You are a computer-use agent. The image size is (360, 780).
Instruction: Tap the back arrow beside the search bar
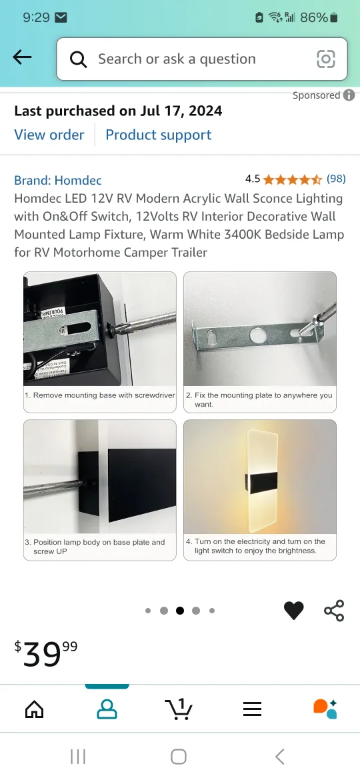[x=22, y=58]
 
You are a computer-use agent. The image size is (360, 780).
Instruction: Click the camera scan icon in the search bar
[x=325, y=59]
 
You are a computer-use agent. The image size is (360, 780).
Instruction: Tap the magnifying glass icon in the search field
[x=79, y=59]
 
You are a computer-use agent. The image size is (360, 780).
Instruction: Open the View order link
[x=49, y=135]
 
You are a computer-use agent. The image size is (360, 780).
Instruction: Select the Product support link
[x=158, y=135]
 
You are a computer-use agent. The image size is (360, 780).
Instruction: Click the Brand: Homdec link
[x=58, y=180]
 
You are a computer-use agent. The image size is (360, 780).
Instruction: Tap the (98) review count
[x=336, y=179]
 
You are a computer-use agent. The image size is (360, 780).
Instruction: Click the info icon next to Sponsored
[x=349, y=95]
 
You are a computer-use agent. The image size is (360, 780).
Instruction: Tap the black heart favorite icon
[x=293, y=610]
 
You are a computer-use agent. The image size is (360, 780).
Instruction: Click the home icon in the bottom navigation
[x=34, y=709]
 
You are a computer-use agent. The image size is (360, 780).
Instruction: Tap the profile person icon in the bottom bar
[x=107, y=709]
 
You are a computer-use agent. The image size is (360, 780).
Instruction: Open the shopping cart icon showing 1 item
[x=178, y=709]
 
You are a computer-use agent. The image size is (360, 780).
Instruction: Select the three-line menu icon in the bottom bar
[x=252, y=709]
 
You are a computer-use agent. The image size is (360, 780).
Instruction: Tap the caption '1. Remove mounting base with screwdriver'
[x=100, y=395]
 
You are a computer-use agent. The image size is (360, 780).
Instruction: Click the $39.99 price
[x=46, y=653]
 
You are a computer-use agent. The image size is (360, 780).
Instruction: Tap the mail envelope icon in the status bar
[x=61, y=17]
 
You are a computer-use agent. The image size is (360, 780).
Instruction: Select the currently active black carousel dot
[x=180, y=610]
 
